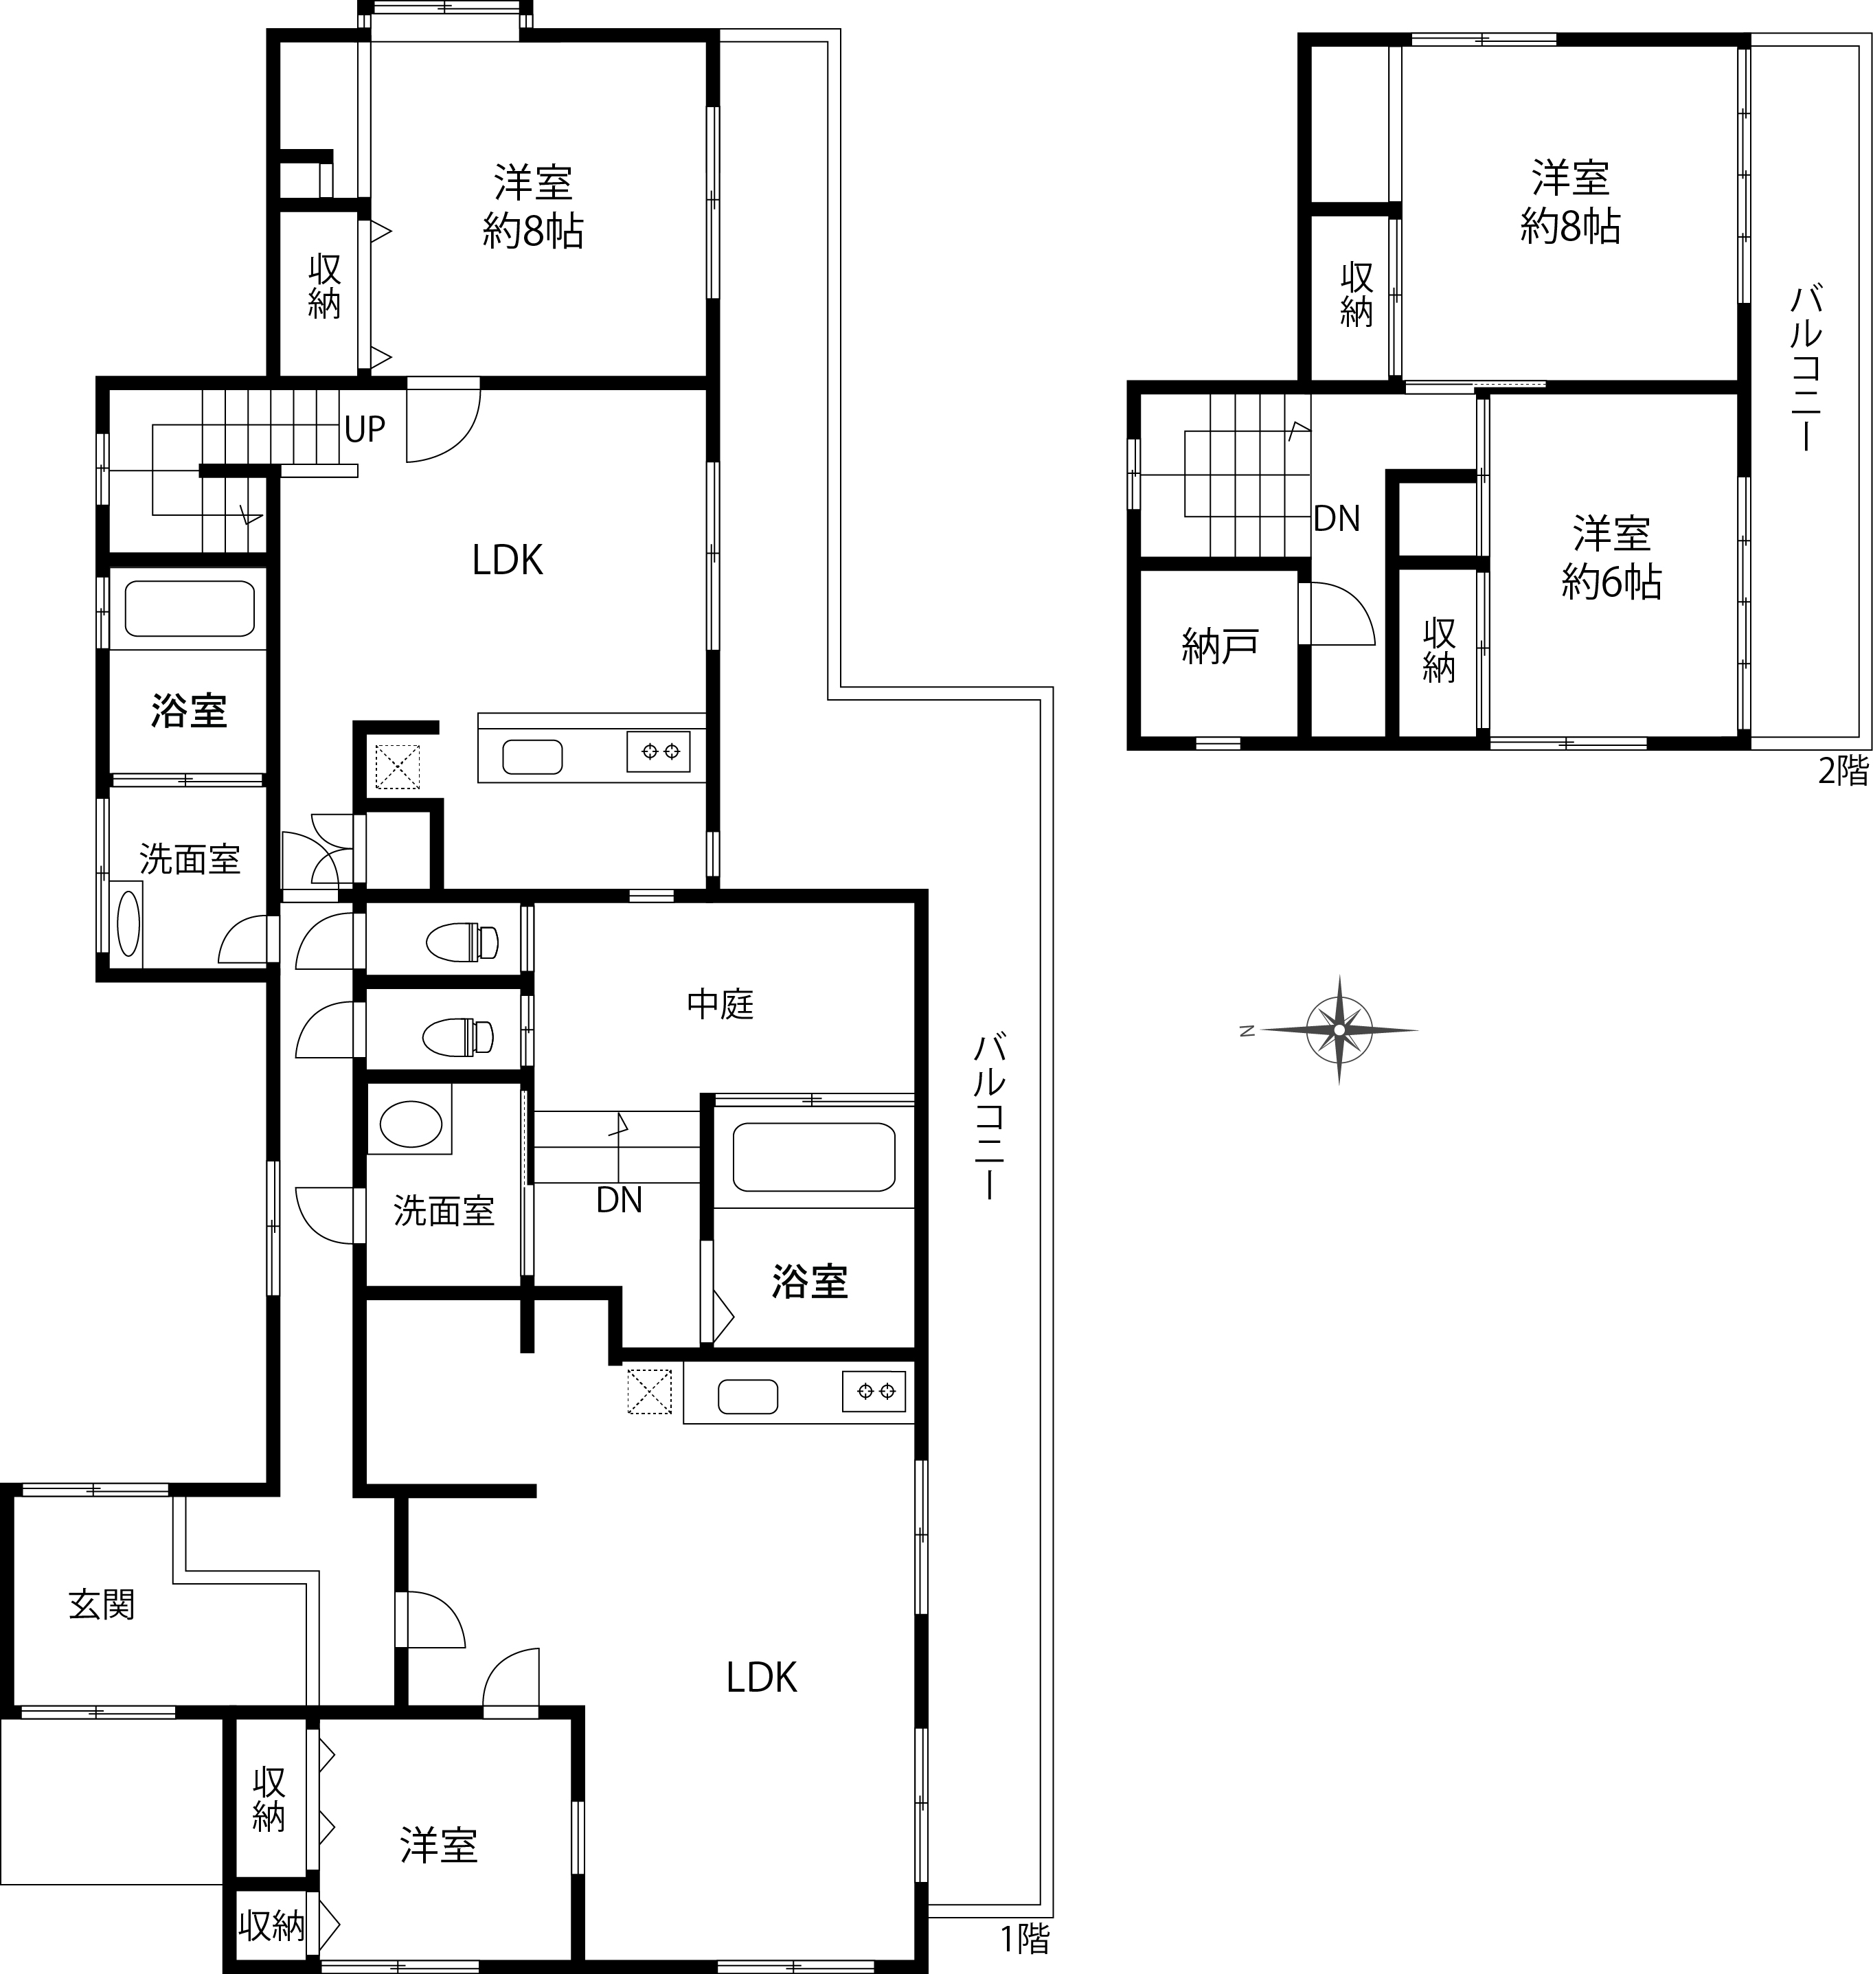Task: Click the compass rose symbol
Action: point(1338,1030)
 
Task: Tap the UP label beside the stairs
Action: point(365,429)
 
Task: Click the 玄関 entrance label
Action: point(102,1604)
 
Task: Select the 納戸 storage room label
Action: point(1219,647)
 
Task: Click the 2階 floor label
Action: point(1843,771)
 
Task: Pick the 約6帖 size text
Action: point(1611,582)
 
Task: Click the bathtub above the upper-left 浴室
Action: point(189,608)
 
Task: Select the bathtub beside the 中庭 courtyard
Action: point(814,1157)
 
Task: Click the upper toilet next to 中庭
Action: point(462,942)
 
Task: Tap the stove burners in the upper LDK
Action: point(658,751)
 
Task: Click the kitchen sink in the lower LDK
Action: point(748,1396)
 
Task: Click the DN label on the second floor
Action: point(1336,519)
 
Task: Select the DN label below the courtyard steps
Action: point(619,1200)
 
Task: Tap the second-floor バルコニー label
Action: point(1807,368)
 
